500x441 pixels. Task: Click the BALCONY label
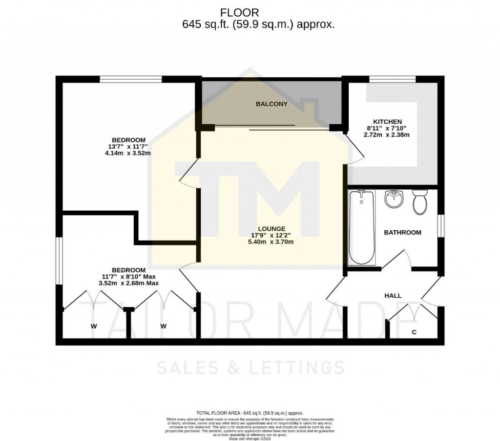click(271, 104)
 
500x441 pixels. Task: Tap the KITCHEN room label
click(387, 122)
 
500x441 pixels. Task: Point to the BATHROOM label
click(402, 233)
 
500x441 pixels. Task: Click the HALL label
click(393, 296)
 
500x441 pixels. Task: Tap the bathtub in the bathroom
click(361, 228)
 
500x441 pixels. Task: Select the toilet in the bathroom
click(419, 203)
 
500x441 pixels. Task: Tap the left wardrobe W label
click(93, 326)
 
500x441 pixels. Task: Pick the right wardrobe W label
click(164, 326)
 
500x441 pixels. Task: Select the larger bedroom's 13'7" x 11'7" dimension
click(126, 146)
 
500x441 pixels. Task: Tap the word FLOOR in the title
click(240, 13)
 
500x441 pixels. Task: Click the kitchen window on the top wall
click(392, 79)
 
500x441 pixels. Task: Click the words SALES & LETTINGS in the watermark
click(250, 367)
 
